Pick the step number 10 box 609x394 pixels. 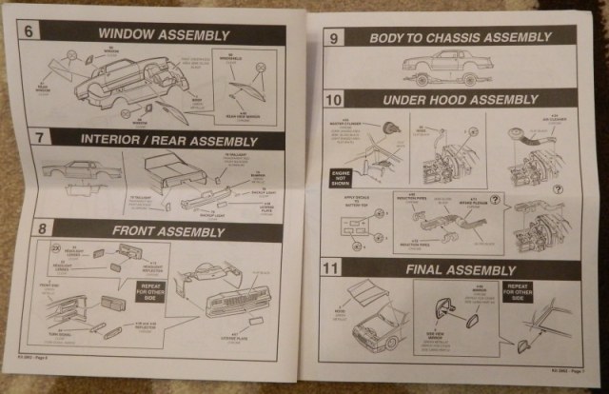(334, 99)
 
